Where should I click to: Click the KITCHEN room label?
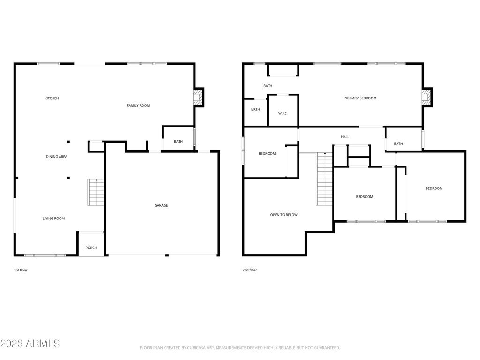pos(52,98)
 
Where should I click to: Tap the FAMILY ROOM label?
pos(138,105)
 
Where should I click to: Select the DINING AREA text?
pos(57,157)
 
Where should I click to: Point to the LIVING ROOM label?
pos(53,218)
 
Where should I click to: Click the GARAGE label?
pos(161,205)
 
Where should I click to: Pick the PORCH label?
pos(91,247)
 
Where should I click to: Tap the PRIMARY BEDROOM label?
pos(360,98)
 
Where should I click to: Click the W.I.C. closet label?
pos(283,113)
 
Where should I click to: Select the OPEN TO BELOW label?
pos(284,215)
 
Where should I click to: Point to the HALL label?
pos(345,137)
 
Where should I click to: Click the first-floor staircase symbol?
pos(96,192)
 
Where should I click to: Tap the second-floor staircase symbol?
pos(324,179)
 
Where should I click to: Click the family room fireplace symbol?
pos(198,97)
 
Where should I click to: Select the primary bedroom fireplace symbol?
pos(427,97)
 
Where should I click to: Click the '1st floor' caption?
pos(21,270)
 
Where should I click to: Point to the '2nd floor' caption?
pos(250,270)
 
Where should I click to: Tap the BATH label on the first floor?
pos(179,142)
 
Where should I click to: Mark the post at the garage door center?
pos(167,255)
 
